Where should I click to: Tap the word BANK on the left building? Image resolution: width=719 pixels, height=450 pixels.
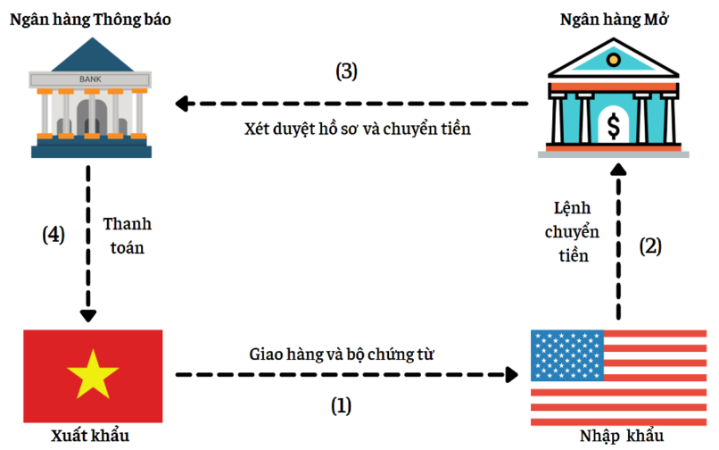pyautogui.click(x=90, y=79)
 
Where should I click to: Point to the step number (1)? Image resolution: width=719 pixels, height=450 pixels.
pyautogui.click(x=342, y=406)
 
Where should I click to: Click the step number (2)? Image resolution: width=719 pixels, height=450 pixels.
pyautogui.click(x=651, y=246)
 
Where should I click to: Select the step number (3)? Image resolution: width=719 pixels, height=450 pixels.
pyautogui.click(x=347, y=72)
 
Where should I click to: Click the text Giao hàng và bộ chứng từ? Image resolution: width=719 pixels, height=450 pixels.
pyautogui.click(x=342, y=354)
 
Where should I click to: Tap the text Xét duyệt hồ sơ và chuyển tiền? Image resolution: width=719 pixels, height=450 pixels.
pyautogui.click(x=357, y=129)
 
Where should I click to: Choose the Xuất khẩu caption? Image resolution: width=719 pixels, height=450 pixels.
pyautogui.click(x=91, y=437)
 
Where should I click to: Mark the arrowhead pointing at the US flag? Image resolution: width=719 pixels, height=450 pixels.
pyautogui.click(x=513, y=375)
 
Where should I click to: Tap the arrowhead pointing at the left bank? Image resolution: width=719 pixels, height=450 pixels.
pyautogui.click(x=183, y=104)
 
